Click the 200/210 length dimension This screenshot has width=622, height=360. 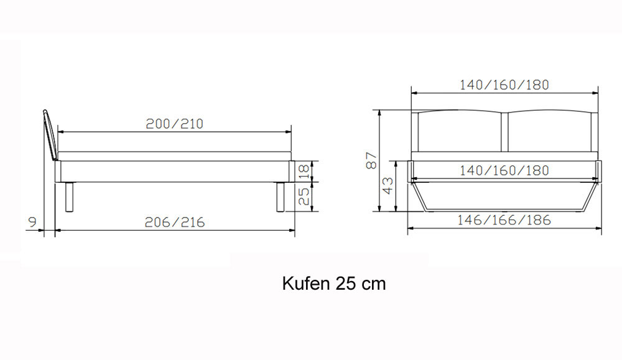tap(175, 124)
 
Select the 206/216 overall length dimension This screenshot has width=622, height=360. tap(175, 222)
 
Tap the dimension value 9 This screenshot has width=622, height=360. tap(32, 222)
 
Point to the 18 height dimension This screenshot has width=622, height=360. tap(304, 171)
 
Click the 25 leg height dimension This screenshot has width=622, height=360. tap(304, 196)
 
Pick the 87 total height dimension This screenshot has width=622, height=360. tap(371, 160)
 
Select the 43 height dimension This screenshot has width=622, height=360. tap(388, 185)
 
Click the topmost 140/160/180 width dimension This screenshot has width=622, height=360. tap(504, 85)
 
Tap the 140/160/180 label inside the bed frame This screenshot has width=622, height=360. tap(504, 170)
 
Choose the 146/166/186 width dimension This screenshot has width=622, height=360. tap(504, 219)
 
